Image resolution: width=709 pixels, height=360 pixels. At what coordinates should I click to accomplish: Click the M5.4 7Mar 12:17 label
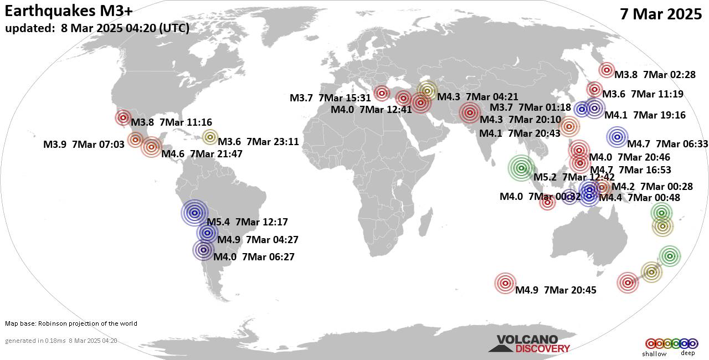246,223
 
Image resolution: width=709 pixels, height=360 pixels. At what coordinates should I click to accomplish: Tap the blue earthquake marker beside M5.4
194,212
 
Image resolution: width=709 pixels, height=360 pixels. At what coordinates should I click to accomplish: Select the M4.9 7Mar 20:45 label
556,290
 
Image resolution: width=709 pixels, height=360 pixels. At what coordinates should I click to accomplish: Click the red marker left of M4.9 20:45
505,284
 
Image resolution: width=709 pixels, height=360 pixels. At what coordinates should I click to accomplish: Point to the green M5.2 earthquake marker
521,168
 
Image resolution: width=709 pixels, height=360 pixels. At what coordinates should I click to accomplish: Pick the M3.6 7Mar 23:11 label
259,142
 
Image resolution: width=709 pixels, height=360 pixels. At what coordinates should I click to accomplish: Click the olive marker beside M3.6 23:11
210,137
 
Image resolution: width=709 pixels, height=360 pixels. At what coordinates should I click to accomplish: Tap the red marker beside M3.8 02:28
607,70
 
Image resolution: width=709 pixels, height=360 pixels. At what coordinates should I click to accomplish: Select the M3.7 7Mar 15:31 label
330,98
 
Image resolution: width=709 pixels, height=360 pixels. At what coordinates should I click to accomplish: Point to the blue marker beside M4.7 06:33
617,136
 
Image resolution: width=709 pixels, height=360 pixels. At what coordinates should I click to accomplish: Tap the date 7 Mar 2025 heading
661,14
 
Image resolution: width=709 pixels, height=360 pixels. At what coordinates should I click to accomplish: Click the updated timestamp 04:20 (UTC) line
97,28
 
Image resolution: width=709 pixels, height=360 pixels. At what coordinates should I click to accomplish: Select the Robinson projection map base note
71,323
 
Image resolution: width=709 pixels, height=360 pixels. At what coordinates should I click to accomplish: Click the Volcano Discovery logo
528,343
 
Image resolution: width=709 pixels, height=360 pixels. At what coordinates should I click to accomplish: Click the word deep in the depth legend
687,353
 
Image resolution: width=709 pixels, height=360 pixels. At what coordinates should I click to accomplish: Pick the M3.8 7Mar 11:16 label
171,122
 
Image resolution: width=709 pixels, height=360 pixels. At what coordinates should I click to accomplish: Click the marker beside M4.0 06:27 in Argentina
203,250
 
